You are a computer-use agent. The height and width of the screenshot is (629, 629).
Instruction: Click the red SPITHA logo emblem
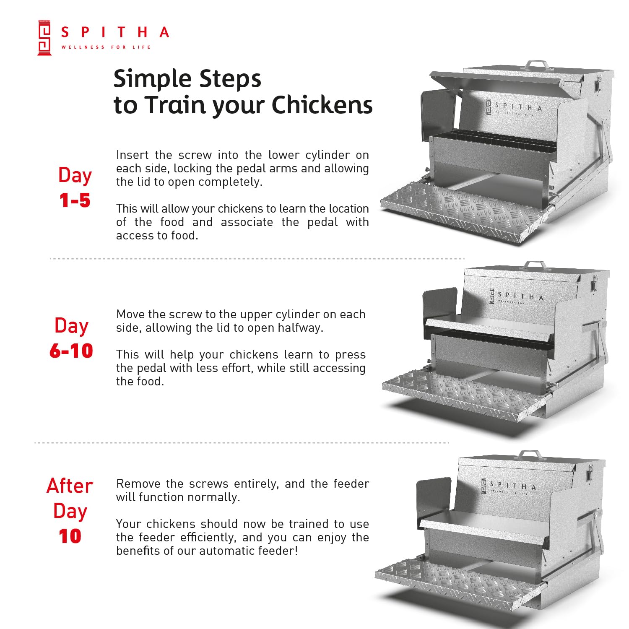coord(44,37)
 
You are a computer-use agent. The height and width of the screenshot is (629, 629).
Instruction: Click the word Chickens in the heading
coord(322,105)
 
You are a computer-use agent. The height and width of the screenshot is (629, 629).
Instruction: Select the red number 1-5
coord(75,200)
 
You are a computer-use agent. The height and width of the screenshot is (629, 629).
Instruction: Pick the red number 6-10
coord(71,351)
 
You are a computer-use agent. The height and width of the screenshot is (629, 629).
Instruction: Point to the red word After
coord(70,486)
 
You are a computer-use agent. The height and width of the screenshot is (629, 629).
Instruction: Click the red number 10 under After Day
coord(70,536)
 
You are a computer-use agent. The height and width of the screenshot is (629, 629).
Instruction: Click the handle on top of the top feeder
coord(537,65)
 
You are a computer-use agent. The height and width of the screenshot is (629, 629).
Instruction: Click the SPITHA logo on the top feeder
coord(514,107)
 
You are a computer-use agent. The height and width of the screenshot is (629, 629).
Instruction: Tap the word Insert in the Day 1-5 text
coord(132,155)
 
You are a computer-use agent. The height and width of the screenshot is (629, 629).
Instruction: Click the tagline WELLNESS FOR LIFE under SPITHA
coord(106,47)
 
